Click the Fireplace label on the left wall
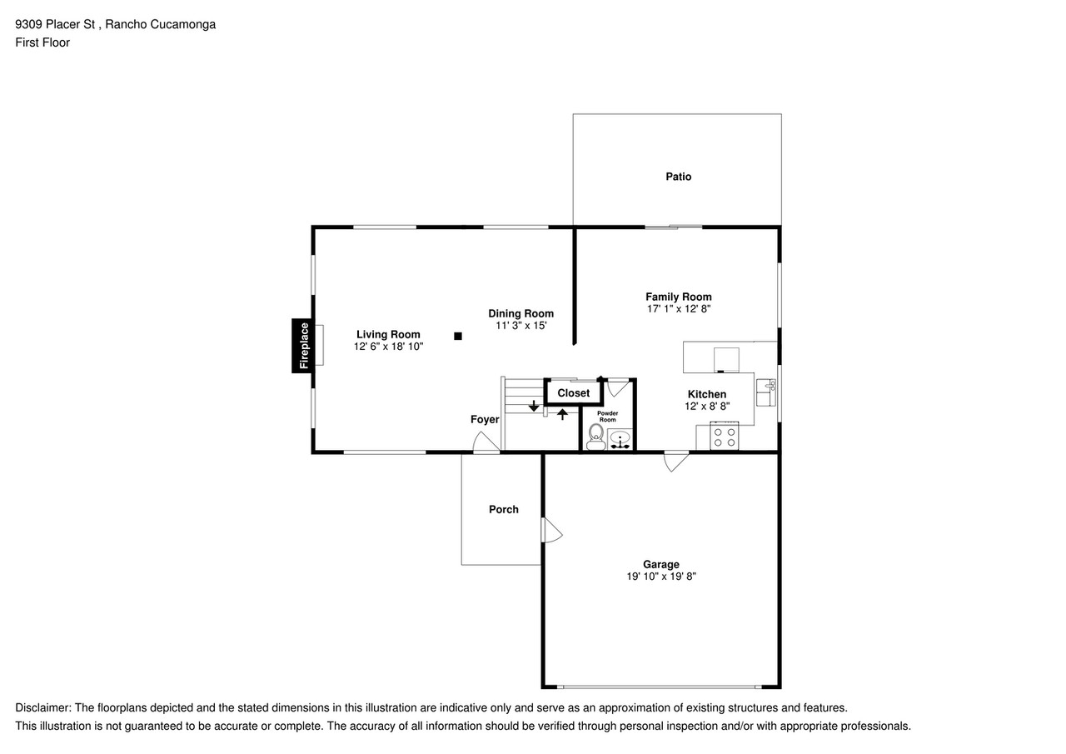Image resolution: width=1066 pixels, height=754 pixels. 304,346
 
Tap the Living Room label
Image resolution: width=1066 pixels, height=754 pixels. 388,334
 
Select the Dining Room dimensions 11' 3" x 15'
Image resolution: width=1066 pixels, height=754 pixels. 521,326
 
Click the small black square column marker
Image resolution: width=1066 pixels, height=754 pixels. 458,336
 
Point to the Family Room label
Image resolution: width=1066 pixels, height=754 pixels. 679,297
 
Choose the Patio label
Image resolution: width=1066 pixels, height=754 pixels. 679,177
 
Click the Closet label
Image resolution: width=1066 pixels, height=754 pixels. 574,392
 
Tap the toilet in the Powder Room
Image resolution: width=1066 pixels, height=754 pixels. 595,437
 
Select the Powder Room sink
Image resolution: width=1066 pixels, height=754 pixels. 620,439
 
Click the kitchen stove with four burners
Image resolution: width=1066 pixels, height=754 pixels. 725,436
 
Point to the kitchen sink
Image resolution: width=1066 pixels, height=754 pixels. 765,392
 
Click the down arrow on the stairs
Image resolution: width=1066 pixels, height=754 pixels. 534,406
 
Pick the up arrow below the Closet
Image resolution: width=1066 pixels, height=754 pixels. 562,414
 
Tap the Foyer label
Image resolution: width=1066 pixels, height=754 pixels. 485,419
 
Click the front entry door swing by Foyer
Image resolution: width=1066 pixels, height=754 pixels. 486,442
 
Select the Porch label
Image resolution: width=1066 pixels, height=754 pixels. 504,509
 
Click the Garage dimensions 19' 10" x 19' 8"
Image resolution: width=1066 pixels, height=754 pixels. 661,577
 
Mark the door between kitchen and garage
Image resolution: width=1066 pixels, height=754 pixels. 676,462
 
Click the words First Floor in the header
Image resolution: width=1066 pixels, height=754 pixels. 42,42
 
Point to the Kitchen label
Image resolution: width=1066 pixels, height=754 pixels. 707,394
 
